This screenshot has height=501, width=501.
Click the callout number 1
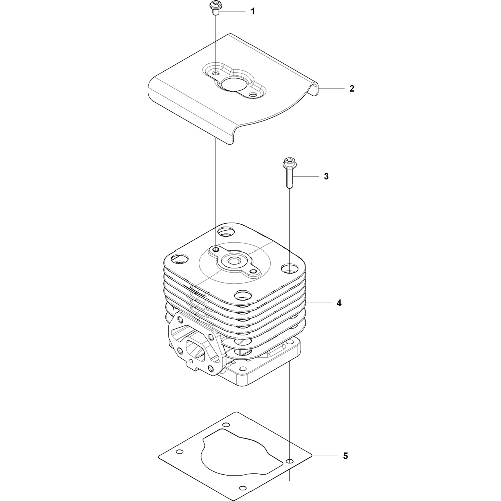pyautogui.click(x=253, y=12)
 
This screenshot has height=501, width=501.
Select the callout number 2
pyautogui.click(x=352, y=89)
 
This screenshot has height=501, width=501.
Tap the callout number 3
pyautogui.click(x=326, y=176)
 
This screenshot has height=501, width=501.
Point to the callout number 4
pyautogui.click(x=339, y=303)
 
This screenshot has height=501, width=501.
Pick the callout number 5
pyautogui.click(x=345, y=456)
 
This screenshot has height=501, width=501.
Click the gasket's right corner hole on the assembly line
pyautogui.click(x=290, y=461)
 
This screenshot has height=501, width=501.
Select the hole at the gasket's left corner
pyautogui.click(x=180, y=452)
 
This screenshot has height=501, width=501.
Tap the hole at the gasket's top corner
pyautogui.click(x=226, y=425)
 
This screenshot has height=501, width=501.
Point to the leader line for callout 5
pyautogui.click(x=325, y=456)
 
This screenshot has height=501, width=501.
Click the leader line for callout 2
pyautogui.click(x=331, y=88)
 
